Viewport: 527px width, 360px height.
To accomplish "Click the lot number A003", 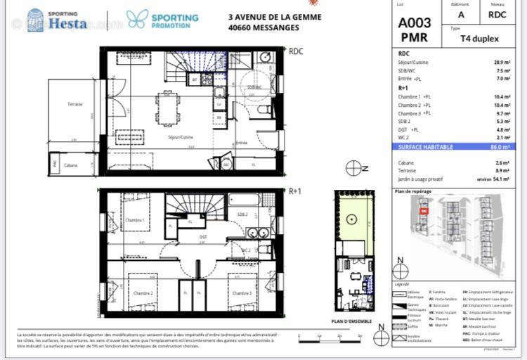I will [x=415, y=22].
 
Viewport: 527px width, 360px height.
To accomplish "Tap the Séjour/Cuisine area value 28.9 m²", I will [x=502, y=63].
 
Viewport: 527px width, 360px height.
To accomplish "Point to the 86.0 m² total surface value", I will [x=500, y=146].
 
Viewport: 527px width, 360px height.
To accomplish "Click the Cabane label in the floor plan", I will [x=70, y=165].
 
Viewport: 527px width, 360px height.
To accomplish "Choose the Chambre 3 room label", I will [x=242, y=292].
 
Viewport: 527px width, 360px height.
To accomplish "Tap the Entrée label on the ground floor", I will [x=241, y=143].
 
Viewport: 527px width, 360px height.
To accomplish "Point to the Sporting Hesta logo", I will [x=58, y=20].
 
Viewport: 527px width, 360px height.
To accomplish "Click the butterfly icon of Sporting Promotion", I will [x=137, y=19].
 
